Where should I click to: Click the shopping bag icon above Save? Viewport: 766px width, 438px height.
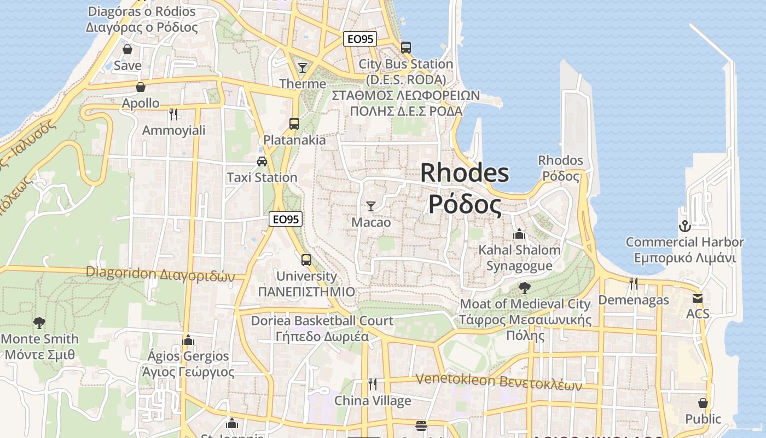pyautogui.click(x=127, y=49)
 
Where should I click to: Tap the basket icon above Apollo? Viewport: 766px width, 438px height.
pyautogui.click(x=141, y=87)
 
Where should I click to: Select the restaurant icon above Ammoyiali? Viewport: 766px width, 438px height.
pyautogui.click(x=173, y=114)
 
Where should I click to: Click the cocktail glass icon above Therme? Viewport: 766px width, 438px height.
pyautogui.click(x=303, y=68)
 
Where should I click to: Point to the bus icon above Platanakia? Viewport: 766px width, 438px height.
pyautogui.click(x=294, y=124)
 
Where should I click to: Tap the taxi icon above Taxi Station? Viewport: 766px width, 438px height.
pyautogui.click(x=262, y=161)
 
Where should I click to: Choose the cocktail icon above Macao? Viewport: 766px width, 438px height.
pyautogui.click(x=371, y=206)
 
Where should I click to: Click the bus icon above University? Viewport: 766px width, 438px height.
pyautogui.click(x=306, y=260)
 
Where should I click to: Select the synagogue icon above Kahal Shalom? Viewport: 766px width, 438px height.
pyautogui.click(x=519, y=234)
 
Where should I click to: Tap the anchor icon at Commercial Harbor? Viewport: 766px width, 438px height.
pyautogui.click(x=684, y=226)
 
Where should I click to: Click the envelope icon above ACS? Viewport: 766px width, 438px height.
pyautogui.click(x=698, y=298)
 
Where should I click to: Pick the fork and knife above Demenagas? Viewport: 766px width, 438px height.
pyautogui.click(x=634, y=283)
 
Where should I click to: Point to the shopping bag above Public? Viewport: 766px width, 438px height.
pyautogui.click(x=703, y=403)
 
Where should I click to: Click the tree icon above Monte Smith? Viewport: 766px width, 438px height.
pyautogui.click(x=39, y=322)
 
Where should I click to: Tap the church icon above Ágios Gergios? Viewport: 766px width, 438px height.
pyautogui.click(x=188, y=340)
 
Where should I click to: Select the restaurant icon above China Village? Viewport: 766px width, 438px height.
pyautogui.click(x=373, y=384)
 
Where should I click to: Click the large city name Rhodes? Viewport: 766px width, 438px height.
pyautogui.click(x=465, y=174)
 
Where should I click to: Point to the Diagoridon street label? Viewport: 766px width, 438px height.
pyautogui.click(x=160, y=273)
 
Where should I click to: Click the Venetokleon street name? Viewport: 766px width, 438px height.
pyautogui.click(x=498, y=382)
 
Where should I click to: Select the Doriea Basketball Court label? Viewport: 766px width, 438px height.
pyautogui.click(x=322, y=321)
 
